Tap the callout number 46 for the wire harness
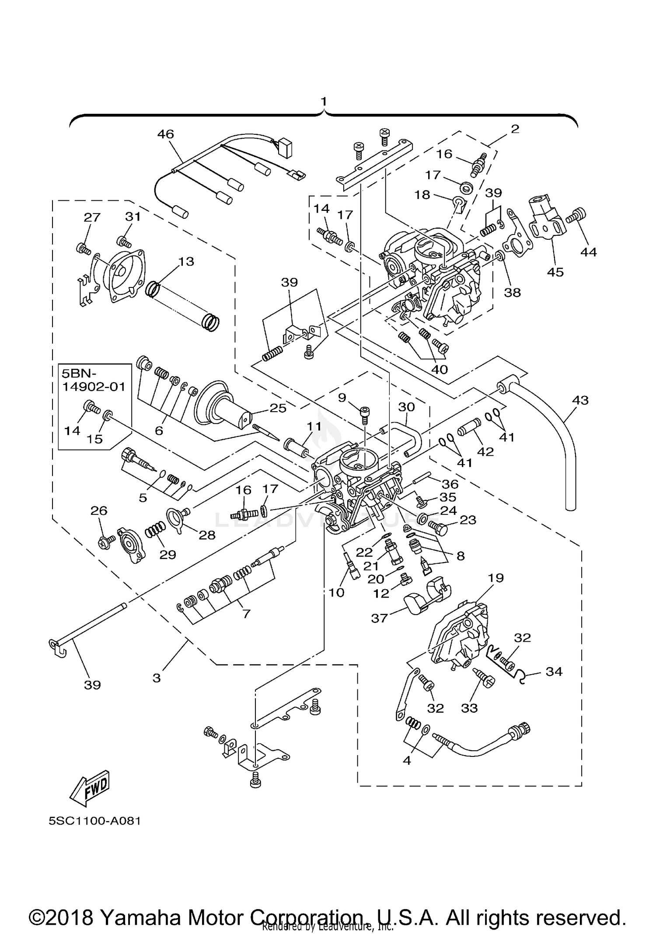coord(165,134)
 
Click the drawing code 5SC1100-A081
coord(94,833)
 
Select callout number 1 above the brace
coord(324,101)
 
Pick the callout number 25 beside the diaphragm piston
coord(278,408)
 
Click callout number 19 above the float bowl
coord(495,577)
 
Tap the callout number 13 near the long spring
coord(186,261)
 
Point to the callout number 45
coord(555,272)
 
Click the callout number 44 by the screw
coord(589,252)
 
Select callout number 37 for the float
coord(379,618)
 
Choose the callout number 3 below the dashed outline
coord(157,678)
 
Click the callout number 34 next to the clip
coord(554,671)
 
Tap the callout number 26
coord(99,511)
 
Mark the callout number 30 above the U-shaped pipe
coord(406,407)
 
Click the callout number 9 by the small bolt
coord(342,397)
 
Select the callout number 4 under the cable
coord(407,760)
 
